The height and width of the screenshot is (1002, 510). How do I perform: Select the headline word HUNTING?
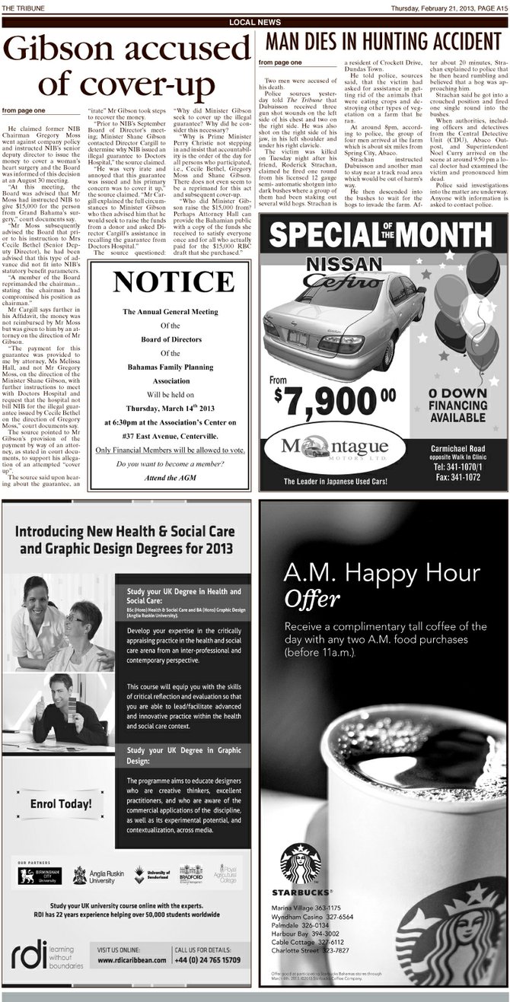pos(374,41)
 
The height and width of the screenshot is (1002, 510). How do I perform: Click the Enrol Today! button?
pos(60,803)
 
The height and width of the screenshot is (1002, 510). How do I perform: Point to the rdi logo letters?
pos(31,956)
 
